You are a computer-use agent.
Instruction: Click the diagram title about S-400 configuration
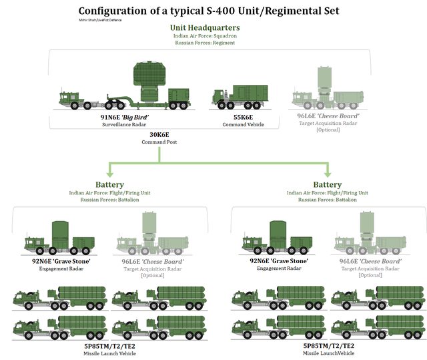coord(208,11)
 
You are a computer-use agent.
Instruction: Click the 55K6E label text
coord(239,116)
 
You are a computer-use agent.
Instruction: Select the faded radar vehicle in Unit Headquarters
coord(326,94)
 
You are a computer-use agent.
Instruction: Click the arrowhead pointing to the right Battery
coord(326,172)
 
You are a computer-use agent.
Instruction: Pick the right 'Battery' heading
coord(327,184)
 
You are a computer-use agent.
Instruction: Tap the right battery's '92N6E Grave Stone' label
coord(278,261)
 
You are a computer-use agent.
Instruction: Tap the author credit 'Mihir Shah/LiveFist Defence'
coord(100,20)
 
